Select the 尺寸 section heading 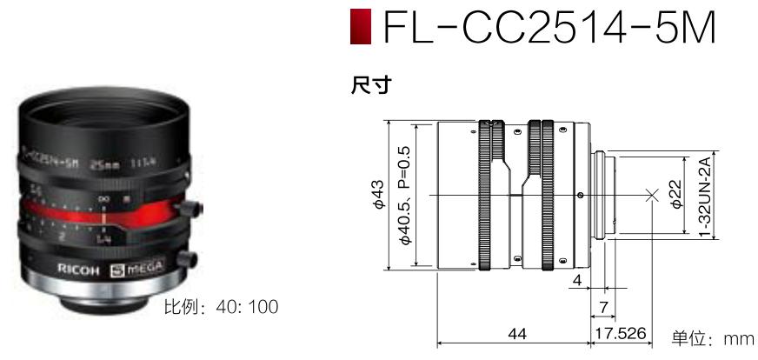tap(369, 84)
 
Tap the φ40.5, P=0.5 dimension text tap(404, 196)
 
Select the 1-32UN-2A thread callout tap(705, 196)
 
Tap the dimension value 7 tap(601, 305)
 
